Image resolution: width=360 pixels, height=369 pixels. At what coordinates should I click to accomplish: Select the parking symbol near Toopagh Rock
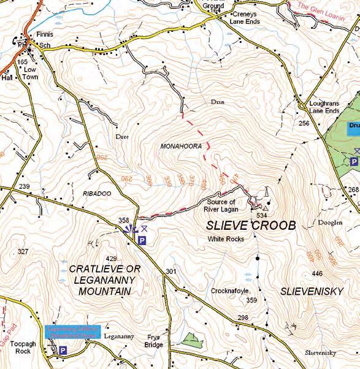point(63,351)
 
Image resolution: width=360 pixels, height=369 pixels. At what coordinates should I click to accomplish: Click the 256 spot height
point(303,124)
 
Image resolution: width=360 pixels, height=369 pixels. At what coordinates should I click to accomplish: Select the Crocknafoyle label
point(229,291)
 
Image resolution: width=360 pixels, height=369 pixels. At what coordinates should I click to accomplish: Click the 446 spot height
point(316,273)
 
